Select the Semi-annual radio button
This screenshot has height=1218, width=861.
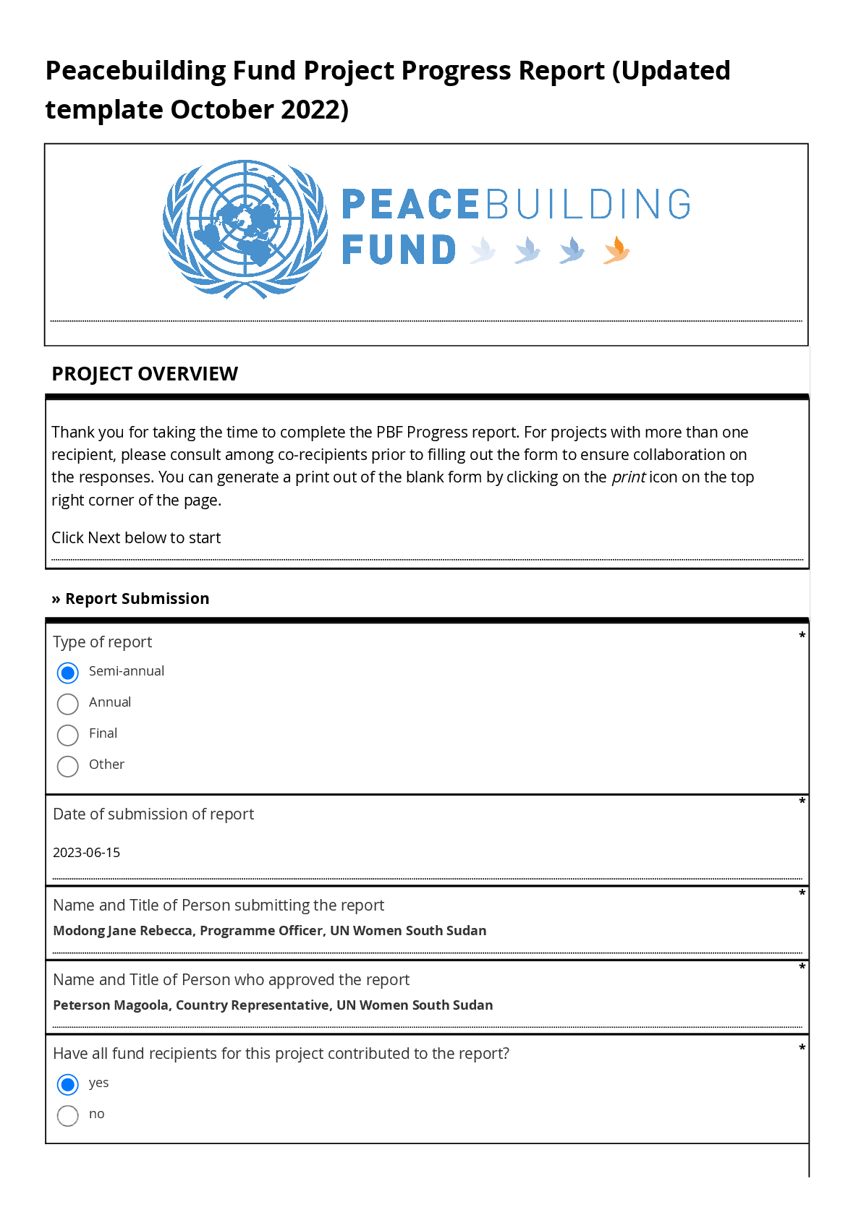(x=68, y=673)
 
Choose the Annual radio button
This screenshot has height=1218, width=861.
(x=68, y=704)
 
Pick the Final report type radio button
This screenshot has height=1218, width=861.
(x=68, y=735)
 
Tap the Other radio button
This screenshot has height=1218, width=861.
(x=68, y=766)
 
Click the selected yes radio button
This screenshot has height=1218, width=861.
(x=68, y=1084)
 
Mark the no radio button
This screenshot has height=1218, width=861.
(x=68, y=1115)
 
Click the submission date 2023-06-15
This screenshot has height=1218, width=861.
(x=87, y=853)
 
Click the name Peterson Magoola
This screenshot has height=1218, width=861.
(x=111, y=1005)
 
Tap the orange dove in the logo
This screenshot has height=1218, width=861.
(x=616, y=250)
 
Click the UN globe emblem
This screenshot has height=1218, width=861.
(x=245, y=229)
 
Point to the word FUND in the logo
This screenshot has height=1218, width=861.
(x=399, y=250)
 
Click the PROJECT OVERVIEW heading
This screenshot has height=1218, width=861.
(x=145, y=374)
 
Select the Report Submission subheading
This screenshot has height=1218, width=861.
(x=137, y=599)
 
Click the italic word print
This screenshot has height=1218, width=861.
(x=628, y=477)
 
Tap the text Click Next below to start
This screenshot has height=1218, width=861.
(x=136, y=538)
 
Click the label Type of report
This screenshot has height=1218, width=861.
(x=103, y=642)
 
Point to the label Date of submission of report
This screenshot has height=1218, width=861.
(x=153, y=814)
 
